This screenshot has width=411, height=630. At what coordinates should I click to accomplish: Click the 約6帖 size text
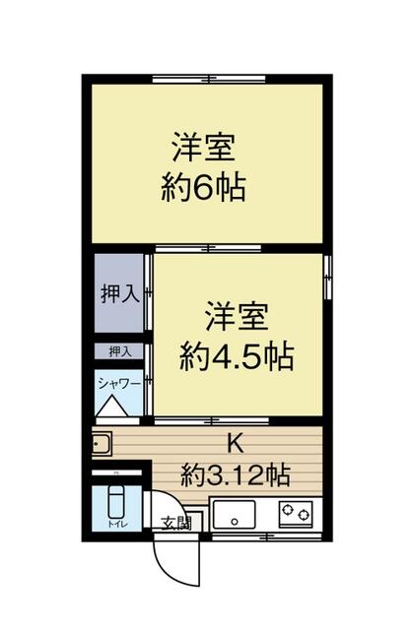point(204,186)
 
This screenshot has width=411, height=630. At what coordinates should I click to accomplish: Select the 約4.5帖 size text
point(237,356)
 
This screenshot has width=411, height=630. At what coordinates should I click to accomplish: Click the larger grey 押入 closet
point(119,294)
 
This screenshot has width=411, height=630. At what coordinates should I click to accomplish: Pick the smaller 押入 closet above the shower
point(119,350)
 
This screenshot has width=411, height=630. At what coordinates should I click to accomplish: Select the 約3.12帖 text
point(236,475)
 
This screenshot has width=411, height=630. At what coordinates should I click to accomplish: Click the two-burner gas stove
point(295,512)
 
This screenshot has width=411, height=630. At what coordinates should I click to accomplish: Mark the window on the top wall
point(207,78)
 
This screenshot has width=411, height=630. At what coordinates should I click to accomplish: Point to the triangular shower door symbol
point(109,406)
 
